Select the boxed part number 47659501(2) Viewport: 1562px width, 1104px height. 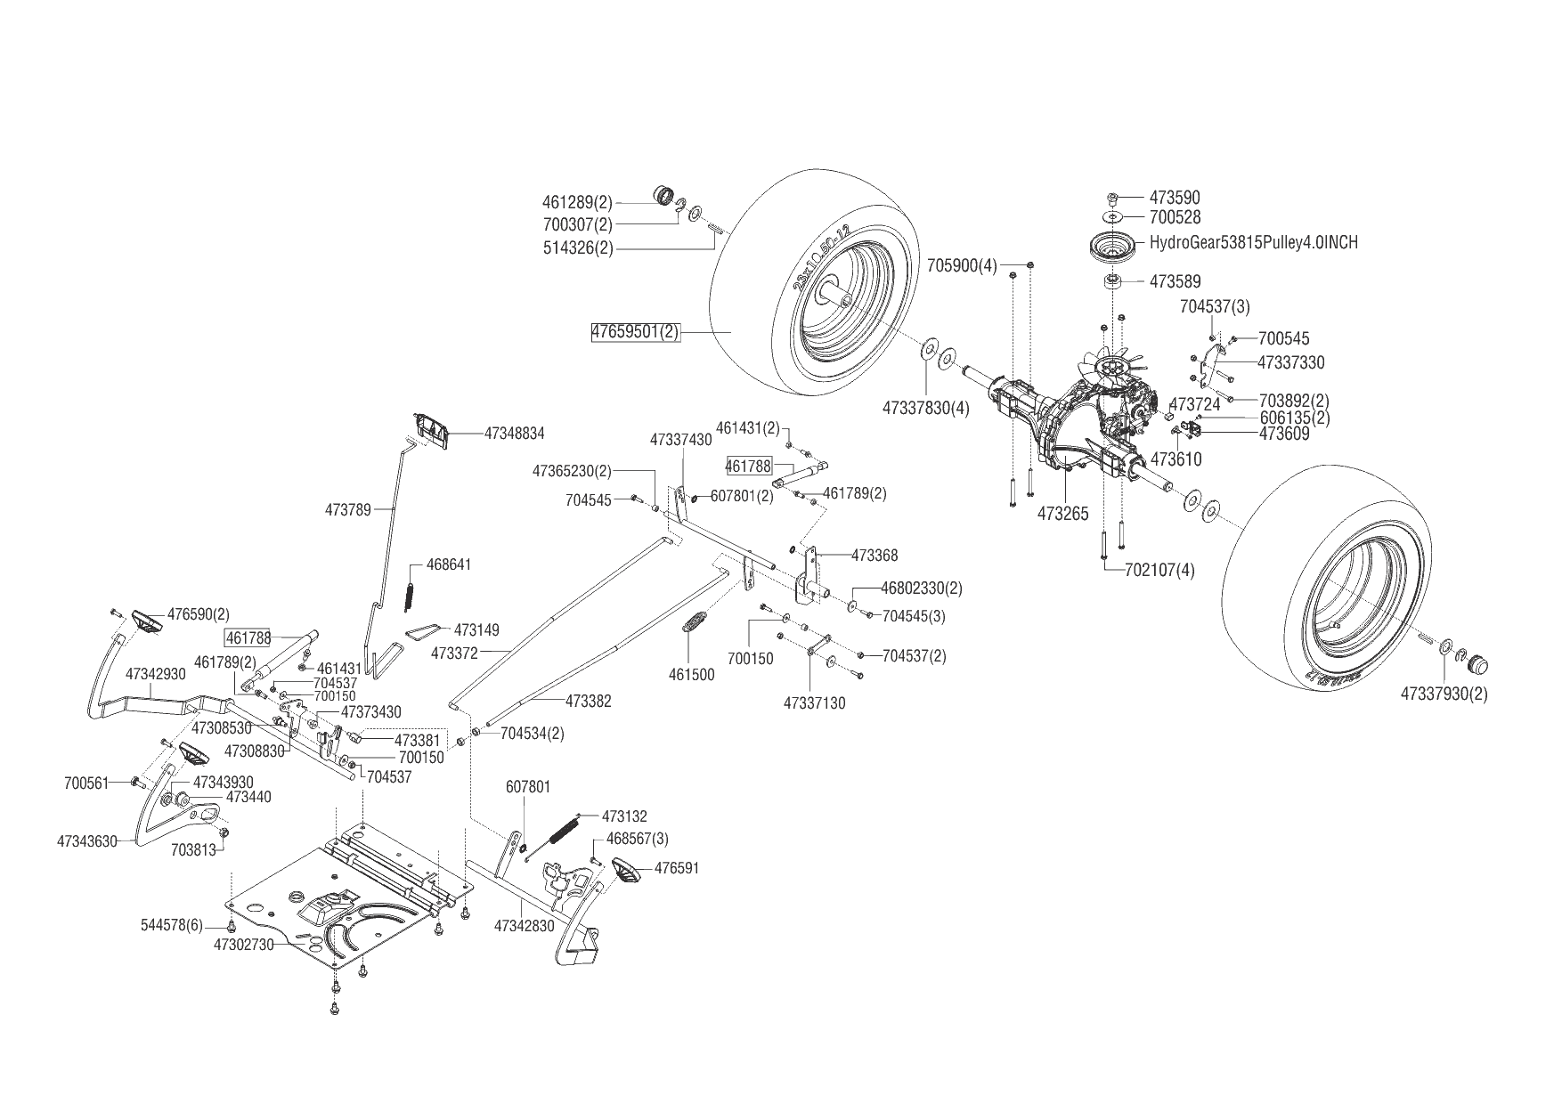(x=635, y=332)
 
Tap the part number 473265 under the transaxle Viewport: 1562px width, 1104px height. (x=1062, y=514)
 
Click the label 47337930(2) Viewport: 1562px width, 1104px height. (x=1444, y=693)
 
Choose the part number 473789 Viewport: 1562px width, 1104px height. (x=348, y=509)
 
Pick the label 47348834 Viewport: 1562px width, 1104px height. (x=514, y=434)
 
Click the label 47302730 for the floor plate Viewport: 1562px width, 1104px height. (x=243, y=945)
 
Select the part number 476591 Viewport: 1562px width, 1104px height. (x=677, y=867)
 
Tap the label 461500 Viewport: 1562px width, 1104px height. (x=691, y=675)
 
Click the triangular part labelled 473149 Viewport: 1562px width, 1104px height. (x=425, y=629)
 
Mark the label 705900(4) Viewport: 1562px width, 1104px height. (x=962, y=265)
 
